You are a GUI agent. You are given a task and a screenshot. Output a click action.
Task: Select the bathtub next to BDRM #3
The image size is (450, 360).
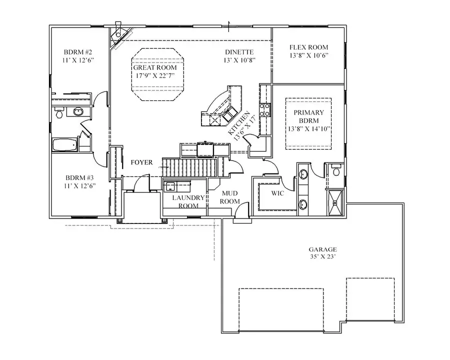click(x=64, y=145)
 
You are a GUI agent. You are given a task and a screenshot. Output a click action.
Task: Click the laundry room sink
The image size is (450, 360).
click(x=170, y=186)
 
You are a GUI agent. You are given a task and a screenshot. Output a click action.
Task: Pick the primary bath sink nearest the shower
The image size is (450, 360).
click(x=303, y=203)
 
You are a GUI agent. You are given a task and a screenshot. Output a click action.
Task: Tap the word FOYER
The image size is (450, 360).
click(x=142, y=162)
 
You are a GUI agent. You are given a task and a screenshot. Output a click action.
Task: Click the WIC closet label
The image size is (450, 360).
click(x=277, y=193)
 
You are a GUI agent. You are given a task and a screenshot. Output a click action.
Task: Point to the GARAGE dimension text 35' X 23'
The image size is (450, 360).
click(x=322, y=257)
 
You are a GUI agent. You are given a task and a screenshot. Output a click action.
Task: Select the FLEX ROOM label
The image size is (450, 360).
click(x=308, y=47)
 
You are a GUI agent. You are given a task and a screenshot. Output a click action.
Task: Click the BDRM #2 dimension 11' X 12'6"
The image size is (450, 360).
click(x=79, y=59)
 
